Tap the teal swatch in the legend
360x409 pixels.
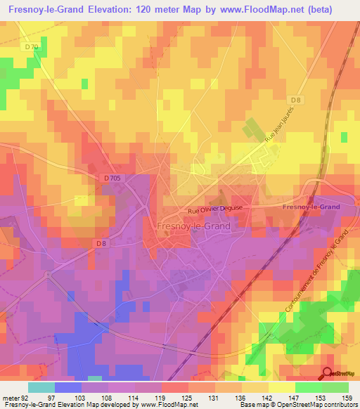point(41,387)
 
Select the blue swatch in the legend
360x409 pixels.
point(67,387)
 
